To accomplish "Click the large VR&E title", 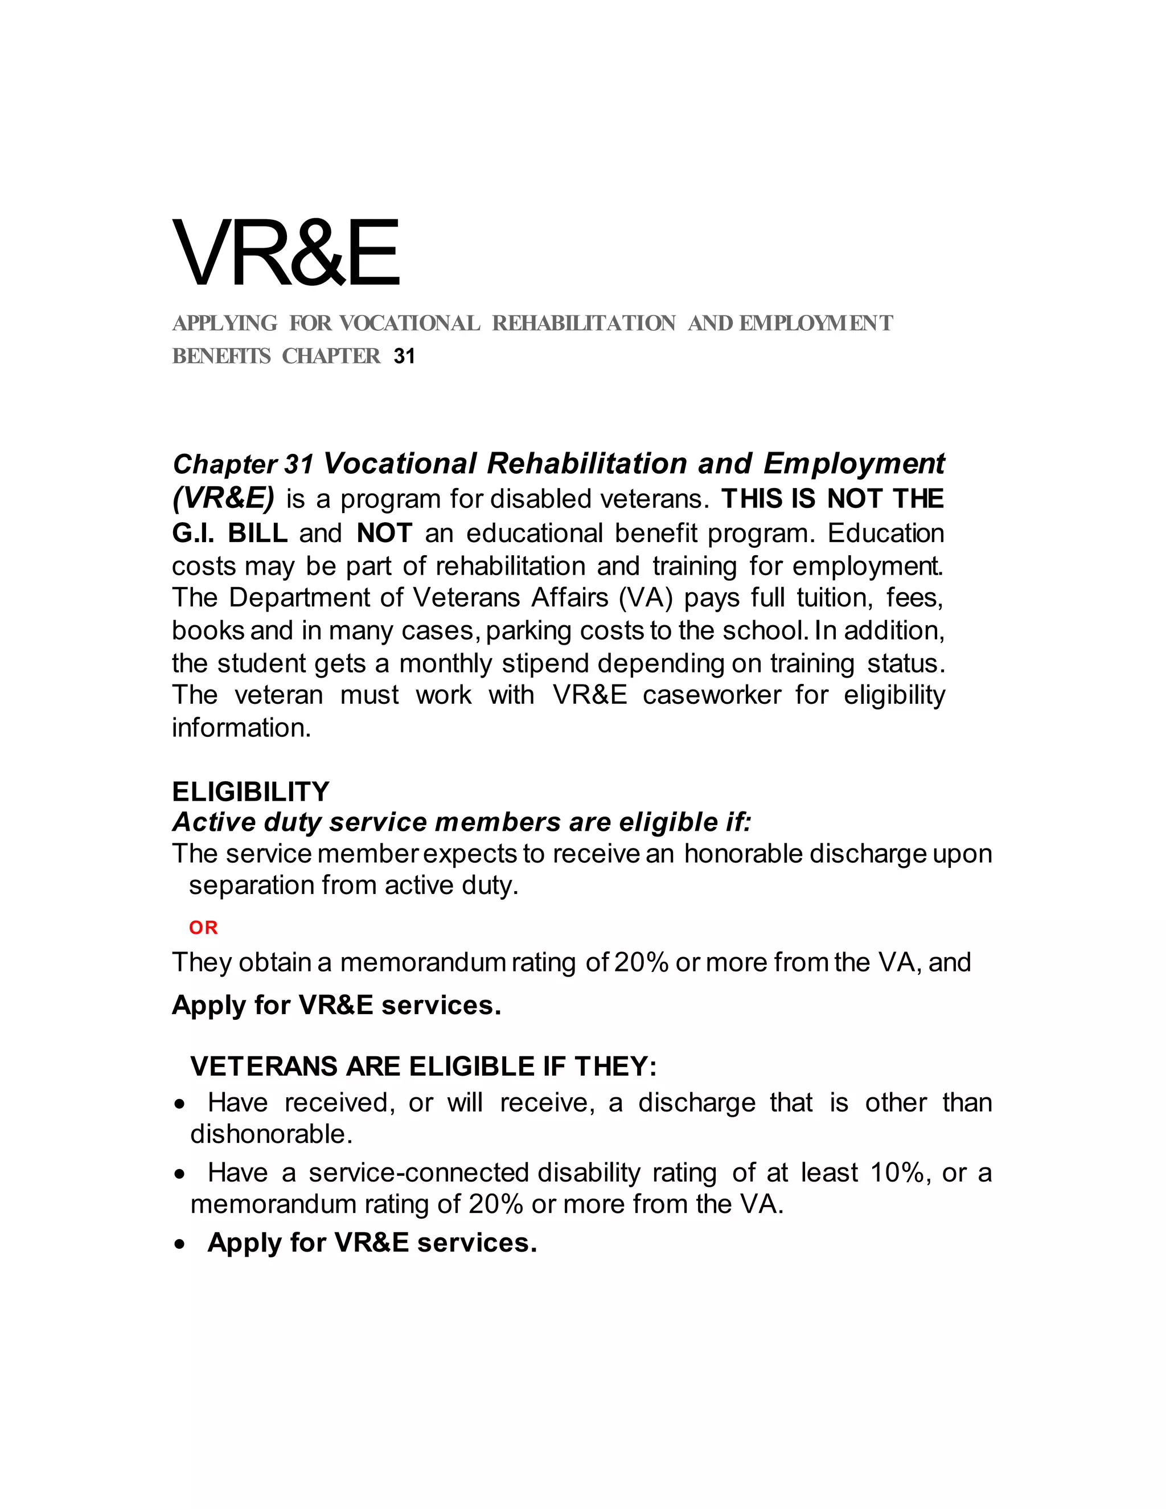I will tap(285, 253).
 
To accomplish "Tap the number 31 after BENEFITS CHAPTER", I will tap(404, 356).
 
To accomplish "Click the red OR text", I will tap(203, 928).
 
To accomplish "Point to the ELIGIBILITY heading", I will tap(251, 791).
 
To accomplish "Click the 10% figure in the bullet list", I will tap(897, 1172).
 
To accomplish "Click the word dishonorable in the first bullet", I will tap(271, 1134).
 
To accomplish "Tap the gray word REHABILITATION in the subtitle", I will tap(584, 323).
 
